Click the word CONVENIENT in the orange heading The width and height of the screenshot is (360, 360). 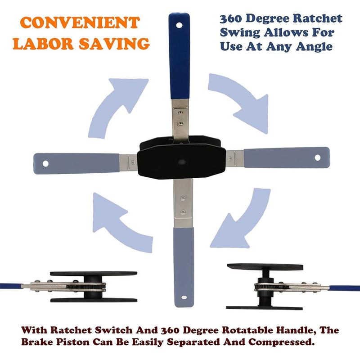point(80,22)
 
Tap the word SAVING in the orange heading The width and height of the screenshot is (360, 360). point(115,43)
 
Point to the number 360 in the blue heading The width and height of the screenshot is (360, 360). point(230,18)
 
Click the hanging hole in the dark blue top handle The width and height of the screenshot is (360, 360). point(179,25)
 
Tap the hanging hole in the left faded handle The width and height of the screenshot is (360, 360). point(45,164)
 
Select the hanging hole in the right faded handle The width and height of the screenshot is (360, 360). point(318,157)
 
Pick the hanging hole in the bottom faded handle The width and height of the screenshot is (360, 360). point(184,297)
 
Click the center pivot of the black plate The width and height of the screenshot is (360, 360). point(182,162)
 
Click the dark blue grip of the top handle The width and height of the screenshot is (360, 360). point(180,56)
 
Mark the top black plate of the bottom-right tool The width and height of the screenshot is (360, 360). point(265,267)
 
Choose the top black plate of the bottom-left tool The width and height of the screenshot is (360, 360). point(94,274)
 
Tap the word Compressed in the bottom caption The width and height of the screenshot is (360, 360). point(281,342)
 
